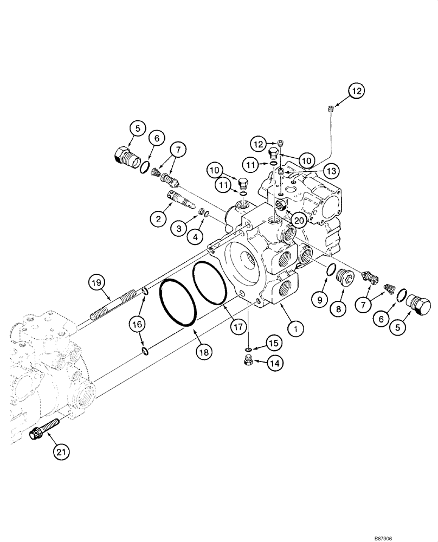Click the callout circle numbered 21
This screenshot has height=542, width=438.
[x=62, y=451]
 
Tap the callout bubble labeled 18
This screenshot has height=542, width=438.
[x=203, y=352]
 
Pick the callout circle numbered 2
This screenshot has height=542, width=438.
[x=158, y=219]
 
